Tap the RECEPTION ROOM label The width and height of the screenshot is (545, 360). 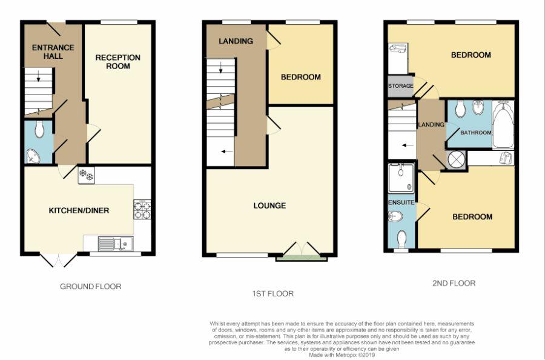[x=118, y=62]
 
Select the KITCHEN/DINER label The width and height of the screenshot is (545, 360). [x=79, y=211]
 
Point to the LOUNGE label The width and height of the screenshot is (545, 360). [x=269, y=206]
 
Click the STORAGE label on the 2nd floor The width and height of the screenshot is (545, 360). [x=401, y=87]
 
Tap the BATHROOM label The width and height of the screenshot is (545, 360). [x=475, y=132]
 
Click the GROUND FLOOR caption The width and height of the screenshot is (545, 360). [x=91, y=287]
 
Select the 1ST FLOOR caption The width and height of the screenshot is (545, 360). [x=272, y=294]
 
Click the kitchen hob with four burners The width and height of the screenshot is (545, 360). [x=142, y=210]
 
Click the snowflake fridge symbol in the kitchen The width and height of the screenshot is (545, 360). [x=87, y=175]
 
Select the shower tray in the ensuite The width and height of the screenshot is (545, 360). [x=401, y=178]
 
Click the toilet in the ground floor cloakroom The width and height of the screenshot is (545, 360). [x=40, y=128]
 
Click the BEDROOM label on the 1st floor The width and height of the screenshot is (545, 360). [x=300, y=78]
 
